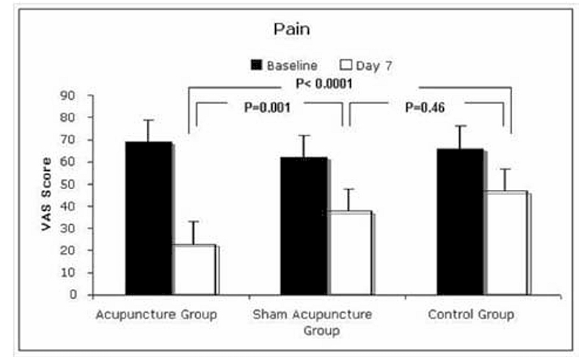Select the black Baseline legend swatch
click(x=257, y=65)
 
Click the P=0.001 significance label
click(x=268, y=107)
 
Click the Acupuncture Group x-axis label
click(x=156, y=315)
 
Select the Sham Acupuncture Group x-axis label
click(x=312, y=322)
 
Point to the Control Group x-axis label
click(x=470, y=315)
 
